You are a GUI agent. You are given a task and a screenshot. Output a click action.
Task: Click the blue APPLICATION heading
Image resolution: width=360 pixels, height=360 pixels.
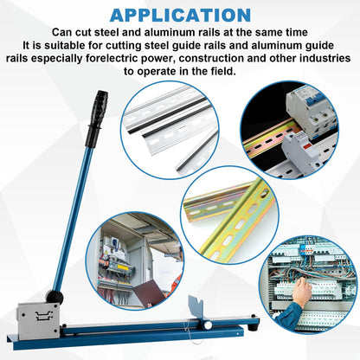tap(180, 16)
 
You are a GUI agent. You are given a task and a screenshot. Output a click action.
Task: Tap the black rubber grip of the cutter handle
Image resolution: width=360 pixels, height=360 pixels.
tap(97, 119)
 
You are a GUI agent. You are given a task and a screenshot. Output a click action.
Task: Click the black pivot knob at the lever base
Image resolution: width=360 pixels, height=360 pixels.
tap(55, 297)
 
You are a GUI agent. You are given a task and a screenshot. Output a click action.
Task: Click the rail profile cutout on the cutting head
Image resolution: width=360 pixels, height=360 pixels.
tap(44, 315)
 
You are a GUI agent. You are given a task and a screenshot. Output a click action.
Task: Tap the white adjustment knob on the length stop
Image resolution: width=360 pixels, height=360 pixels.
tap(208, 325)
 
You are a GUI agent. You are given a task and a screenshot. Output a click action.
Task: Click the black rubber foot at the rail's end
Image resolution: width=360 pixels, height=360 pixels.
tap(254, 326)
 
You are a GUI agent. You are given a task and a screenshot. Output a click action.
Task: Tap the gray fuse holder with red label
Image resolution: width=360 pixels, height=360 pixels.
tap(300, 151)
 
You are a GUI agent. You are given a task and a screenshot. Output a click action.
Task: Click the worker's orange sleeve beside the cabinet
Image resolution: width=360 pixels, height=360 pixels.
tap(178, 280)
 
